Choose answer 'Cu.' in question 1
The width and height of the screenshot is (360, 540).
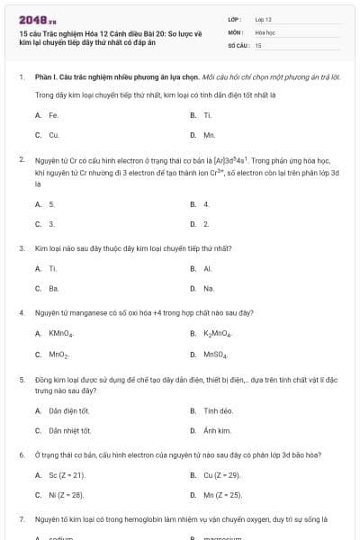(53, 135)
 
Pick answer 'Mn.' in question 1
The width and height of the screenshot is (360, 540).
(209, 135)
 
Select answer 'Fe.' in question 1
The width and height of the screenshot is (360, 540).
(53, 115)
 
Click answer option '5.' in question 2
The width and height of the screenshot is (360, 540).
(51, 204)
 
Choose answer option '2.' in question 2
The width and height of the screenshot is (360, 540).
(206, 223)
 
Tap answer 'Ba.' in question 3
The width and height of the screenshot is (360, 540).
(53, 288)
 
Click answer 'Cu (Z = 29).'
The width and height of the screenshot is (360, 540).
(222, 474)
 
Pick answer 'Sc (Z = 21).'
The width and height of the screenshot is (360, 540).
(67, 474)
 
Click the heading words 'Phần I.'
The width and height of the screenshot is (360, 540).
(45, 77)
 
